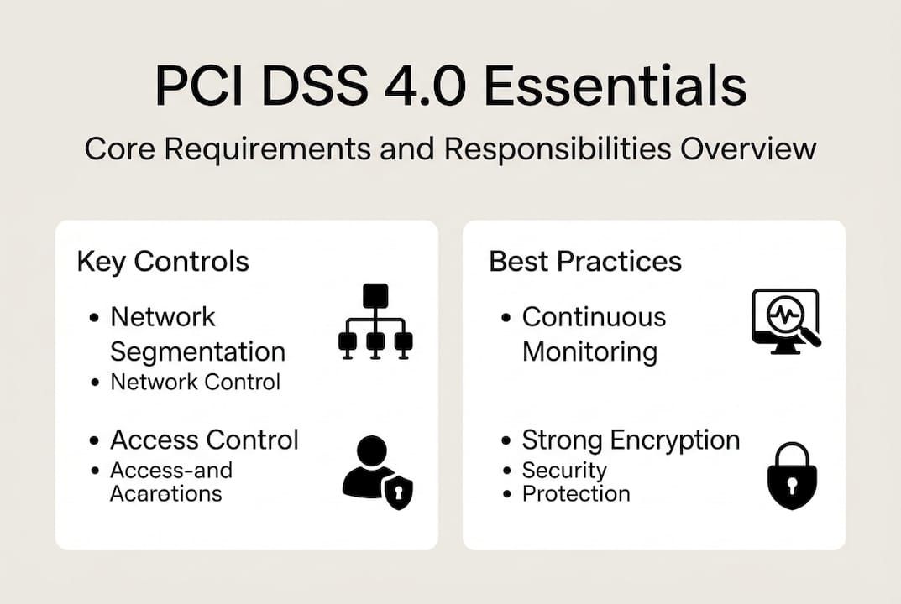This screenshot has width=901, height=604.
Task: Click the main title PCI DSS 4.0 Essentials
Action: pyautogui.click(x=450, y=87)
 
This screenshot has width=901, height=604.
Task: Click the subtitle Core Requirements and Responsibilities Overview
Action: pyautogui.click(x=450, y=148)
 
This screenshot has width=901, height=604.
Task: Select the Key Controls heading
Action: pyautogui.click(x=163, y=261)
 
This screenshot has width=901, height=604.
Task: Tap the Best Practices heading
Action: pyautogui.click(x=585, y=261)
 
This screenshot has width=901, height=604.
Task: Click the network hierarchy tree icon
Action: pyautogui.click(x=375, y=322)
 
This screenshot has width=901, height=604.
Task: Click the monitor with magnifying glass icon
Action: pyautogui.click(x=786, y=320)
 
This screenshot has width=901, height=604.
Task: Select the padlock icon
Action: pyautogui.click(x=791, y=476)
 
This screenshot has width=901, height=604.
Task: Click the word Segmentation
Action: pyautogui.click(x=197, y=351)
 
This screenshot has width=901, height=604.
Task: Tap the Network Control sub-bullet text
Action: pyautogui.click(x=195, y=382)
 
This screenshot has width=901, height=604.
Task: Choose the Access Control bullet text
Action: pyautogui.click(x=204, y=440)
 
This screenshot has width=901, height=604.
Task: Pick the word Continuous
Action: pyautogui.click(x=594, y=317)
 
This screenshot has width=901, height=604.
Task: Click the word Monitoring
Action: pyautogui.click(x=589, y=351)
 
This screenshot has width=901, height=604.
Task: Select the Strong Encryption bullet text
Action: pyautogui.click(x=631, y=440)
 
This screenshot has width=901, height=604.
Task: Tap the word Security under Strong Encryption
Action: pyautogui.click(x=563, y=470)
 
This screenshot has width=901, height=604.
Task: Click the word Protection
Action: pyautogui.click(x=575, y=493)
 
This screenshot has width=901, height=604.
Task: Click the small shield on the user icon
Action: pyautogui.click(x=397, y=492)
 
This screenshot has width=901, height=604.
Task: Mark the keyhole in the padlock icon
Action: pyautogui.click(x=791, y=485)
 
